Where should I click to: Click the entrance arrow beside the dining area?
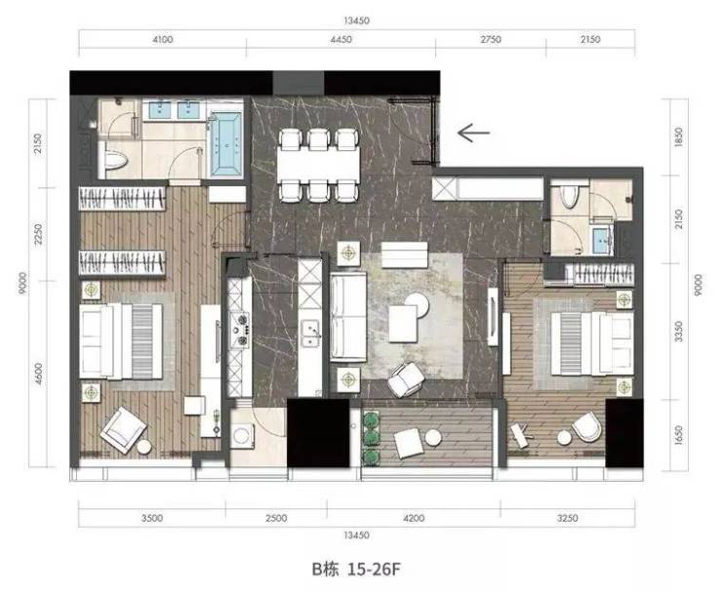coord(473,133)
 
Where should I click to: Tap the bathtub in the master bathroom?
coord(226,143)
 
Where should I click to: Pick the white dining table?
coord(318,165)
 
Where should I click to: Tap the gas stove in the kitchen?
coord(240,329)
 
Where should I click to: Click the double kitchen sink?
coord(311,333)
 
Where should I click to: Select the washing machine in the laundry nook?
coord(242,435)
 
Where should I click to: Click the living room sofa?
coord(348,316)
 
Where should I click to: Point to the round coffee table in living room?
coord(418,305)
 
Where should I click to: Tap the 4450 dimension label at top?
coord(341,40)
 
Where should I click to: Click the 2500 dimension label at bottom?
coord(276,518)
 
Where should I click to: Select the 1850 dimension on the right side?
coord(678,137)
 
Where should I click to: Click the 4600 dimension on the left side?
coord(38,374)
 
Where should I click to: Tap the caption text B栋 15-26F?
coord(356,570)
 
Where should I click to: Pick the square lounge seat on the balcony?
coord(408,443)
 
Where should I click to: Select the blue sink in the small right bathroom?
coord(601,241)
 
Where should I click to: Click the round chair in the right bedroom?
coord(586,427)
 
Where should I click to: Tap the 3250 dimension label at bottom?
coord(567,518)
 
